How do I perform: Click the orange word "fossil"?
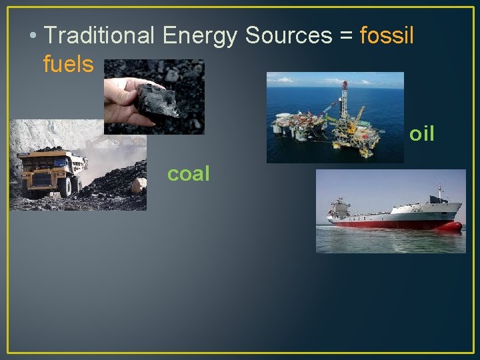tap(387, 35)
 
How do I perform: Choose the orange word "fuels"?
tap(68, 65)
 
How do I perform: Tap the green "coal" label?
tap(189, 174)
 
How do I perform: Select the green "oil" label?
tap(421, 134)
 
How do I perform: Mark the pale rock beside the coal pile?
tap(138, 185)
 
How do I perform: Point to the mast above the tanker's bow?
tap(439, 193)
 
